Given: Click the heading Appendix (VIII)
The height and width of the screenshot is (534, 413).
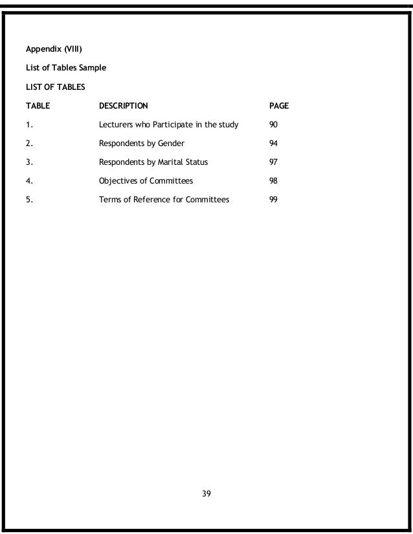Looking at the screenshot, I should click(x=53, y=48).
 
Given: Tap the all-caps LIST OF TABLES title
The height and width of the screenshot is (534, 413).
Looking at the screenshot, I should click(x=55, y=86).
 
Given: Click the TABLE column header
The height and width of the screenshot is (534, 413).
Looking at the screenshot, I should click(x=38, y=105).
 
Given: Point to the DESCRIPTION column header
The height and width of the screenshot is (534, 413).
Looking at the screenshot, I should click(x=123, y=105).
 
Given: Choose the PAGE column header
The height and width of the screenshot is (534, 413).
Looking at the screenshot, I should click(x=278, y=105).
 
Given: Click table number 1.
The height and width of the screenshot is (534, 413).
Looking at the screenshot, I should click(x=28, y=124).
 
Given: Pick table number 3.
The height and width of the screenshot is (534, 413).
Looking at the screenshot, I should click(x=28, y=162).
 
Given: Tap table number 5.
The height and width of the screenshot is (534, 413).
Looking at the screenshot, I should click(x=28, y=200).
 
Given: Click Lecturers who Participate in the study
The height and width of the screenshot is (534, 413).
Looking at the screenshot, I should click(x=168, y=124).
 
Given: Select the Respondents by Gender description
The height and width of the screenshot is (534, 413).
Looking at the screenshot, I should click(x=142, y=143).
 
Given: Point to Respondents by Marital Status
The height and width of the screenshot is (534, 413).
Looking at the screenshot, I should click(x=153, y=162).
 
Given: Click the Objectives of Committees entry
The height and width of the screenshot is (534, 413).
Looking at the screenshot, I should click(x=146, y=181).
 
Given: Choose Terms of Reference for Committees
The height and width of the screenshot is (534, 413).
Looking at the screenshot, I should click(x=164, y=200).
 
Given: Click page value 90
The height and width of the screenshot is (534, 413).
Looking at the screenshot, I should click(x=273, y=124).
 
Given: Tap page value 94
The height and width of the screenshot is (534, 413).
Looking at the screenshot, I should click(x=273, y=143).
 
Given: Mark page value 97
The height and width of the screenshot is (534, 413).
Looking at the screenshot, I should click(x=273, y=162).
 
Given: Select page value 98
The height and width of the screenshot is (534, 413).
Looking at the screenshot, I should click(x=273, y=181).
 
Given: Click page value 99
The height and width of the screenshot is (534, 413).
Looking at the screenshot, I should click(x=273, y=200).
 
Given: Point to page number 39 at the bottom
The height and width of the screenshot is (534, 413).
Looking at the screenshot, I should click(x=206, y=494).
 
